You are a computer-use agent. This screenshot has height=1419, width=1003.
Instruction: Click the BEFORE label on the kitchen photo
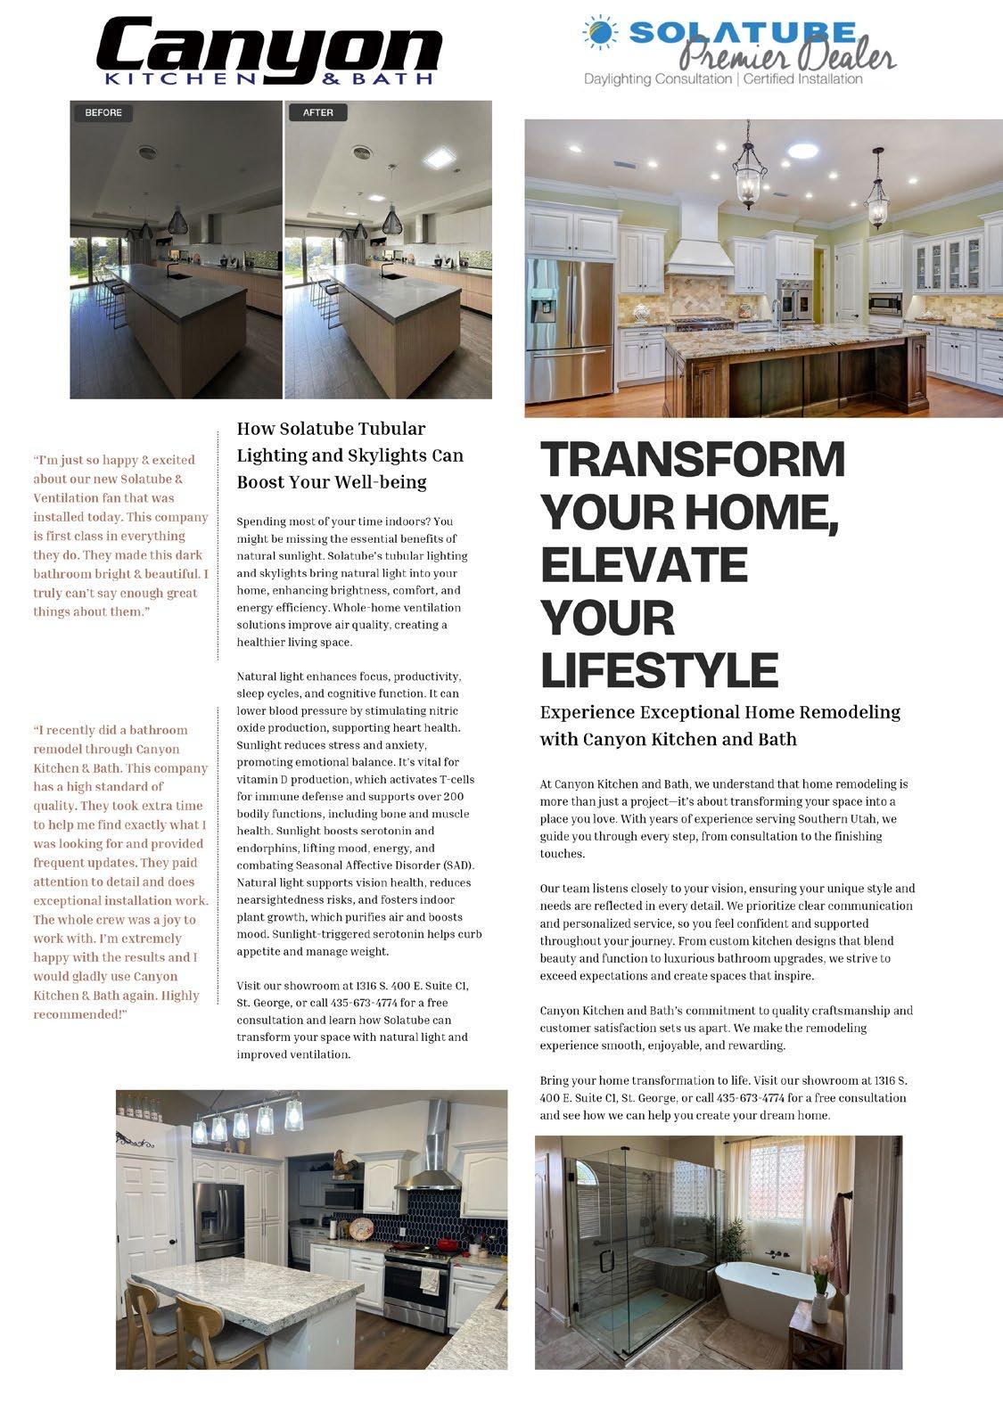[103, 113]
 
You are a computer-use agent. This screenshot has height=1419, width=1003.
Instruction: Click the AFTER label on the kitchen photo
[317, 113]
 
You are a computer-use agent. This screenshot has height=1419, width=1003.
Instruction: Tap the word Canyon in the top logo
[267, 49]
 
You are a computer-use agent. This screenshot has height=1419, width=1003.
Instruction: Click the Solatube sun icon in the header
[601, 33]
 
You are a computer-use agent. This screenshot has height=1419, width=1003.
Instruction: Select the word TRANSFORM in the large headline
[693, 460]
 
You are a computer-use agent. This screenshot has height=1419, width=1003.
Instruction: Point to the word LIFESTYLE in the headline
[659, 670]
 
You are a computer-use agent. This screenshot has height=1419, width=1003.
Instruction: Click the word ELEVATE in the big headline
[644, 565]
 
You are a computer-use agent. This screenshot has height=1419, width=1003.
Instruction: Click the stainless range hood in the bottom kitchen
[434, 1150]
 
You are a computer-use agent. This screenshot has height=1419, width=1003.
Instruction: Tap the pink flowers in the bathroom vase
[820, 1268]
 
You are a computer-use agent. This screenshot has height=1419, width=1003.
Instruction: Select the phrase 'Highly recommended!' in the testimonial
[117, 1005]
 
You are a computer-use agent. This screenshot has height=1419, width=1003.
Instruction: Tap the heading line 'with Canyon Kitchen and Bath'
[668, 740]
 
